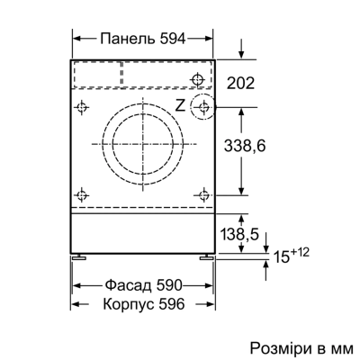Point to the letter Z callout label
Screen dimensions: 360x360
point(180,106)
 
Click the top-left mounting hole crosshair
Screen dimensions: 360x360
point(83,106)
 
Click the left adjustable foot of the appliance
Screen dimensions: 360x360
point(80,256)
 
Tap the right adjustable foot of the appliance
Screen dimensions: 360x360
point(209,256)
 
